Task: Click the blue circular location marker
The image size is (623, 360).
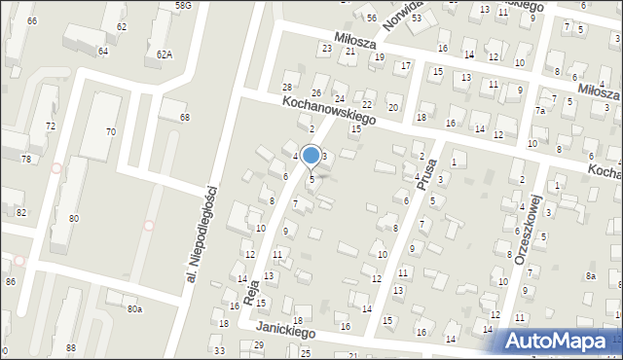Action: coord(311,155)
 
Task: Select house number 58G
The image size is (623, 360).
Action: coord(183,6)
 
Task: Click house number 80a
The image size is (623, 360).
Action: coord(134,309)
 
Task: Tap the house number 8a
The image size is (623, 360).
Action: coord(591,276)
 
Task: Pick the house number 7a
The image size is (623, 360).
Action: coord(538,112)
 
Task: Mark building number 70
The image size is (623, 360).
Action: coord(111,131)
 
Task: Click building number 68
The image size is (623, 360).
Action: coord(184,118)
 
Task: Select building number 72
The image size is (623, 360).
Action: coord(51,126)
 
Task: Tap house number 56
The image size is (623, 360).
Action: coord(371,18)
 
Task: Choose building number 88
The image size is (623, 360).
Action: coord(71,347)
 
